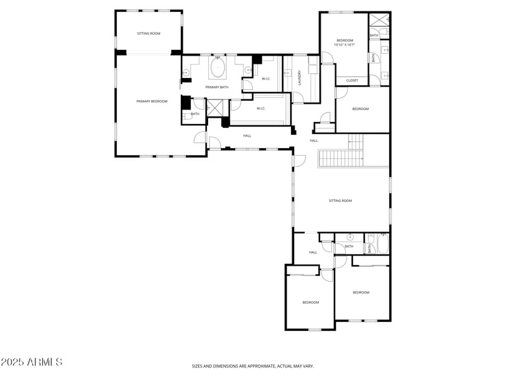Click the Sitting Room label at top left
coord(149,34)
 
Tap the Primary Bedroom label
coord(152,101)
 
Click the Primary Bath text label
coord(216,87)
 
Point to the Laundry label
coord(299,77)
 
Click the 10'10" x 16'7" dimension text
coord(345,45)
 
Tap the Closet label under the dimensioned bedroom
coord(352,80)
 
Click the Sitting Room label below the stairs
coord(340,201)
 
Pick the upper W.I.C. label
coord(266,78)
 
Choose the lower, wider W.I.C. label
coord(261,108)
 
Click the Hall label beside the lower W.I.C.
coord(247,135)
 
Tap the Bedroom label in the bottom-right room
coord(361,292)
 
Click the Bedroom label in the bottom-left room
coord(310,302)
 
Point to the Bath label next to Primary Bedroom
coord(195,114)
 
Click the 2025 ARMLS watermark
coord(32,362)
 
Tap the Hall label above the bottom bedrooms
coord(313,252)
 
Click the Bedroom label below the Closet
coord(361,109)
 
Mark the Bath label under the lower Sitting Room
coord(349,246)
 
